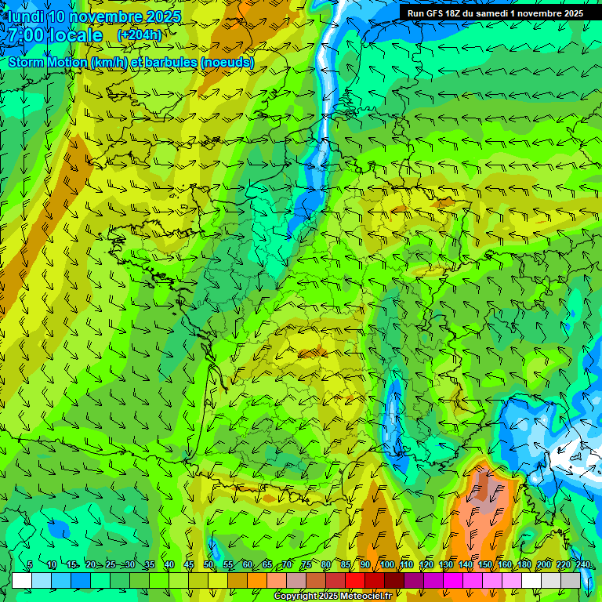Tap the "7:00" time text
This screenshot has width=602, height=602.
point(26,35)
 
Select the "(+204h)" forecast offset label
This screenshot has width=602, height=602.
point(140,34)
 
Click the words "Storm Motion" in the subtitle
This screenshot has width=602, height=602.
point(47,62)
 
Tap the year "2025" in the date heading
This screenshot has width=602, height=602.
point(163,16)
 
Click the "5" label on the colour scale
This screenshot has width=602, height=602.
point(30,565)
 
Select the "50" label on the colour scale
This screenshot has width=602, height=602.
point(209,565)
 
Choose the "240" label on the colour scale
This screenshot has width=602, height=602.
point(582,565)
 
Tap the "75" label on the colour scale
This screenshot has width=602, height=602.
point(306,565)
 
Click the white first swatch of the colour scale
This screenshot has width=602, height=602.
point(22,581)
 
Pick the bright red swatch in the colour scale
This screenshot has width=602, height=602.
point(355,581)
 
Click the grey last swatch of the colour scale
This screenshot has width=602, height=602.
point(571,581)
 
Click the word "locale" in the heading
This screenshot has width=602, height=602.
point(75,35)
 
